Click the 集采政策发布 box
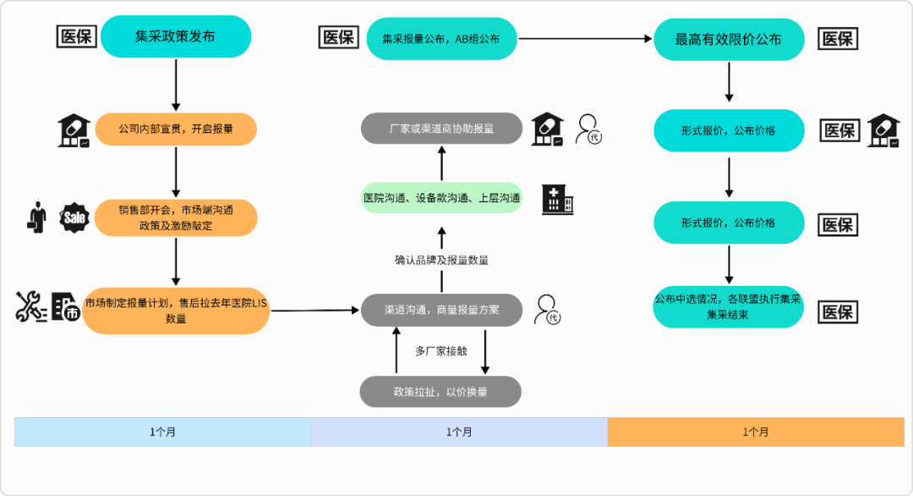(x=176, y=37)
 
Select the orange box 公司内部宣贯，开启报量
(x=176, y=130)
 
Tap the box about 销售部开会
(x=176, y=218)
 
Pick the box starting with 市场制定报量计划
(x=176, y=310)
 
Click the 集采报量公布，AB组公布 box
(x=441, y=38)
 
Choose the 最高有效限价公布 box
(x=729, y=39)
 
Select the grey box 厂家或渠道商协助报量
(x=441, y=129)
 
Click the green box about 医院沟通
(x=441, y=197)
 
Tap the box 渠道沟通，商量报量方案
(x=441, y=310)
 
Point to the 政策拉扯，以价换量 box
(x=440, y=392)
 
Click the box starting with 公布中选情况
(x=729, y=306)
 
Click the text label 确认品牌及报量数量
(x=441, y=260)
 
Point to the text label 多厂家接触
(x=440, y=350)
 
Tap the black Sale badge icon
(x=74, y=218)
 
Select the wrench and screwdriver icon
(x=31, y=306)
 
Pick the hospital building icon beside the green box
(x=558, y=199)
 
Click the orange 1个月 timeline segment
(x=756, y=432)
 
